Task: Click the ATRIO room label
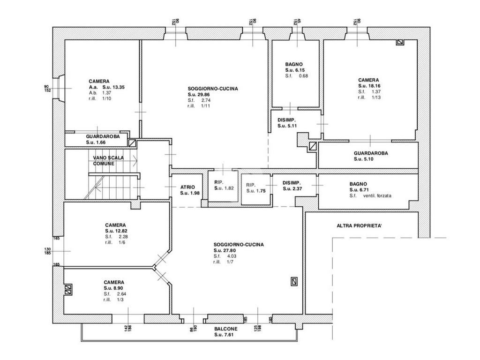(x=187, y=187)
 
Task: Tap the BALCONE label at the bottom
(x=225, y=329)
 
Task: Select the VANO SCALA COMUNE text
(x=108, y=161)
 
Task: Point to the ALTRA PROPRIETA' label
(x=359, y=226)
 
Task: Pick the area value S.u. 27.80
(x=225, y=250)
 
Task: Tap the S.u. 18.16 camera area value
(x=369, y=86)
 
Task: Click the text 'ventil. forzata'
(x=377, y=195)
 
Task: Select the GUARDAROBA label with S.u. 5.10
(x=371, y=153)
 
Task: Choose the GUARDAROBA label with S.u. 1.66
(x=103, y=136)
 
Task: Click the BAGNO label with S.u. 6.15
(x=294, y=64)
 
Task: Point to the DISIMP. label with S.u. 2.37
(x=292, y=183)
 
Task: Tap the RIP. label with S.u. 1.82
(x=219, y=182)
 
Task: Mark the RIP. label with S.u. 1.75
(x=251, y=185)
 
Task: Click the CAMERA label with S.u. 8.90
(x=114, y=282)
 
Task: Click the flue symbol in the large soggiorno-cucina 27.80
(x=294, y=281)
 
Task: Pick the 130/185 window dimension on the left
(x=47, y=251)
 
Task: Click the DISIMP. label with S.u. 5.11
(x=286, y=120)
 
